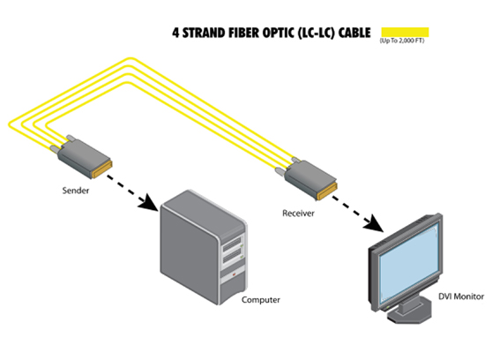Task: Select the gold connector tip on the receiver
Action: (x=330, y=191)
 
